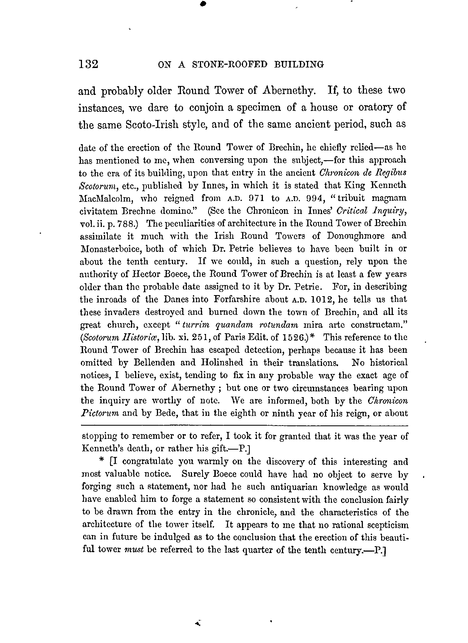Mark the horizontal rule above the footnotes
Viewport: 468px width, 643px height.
244,425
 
